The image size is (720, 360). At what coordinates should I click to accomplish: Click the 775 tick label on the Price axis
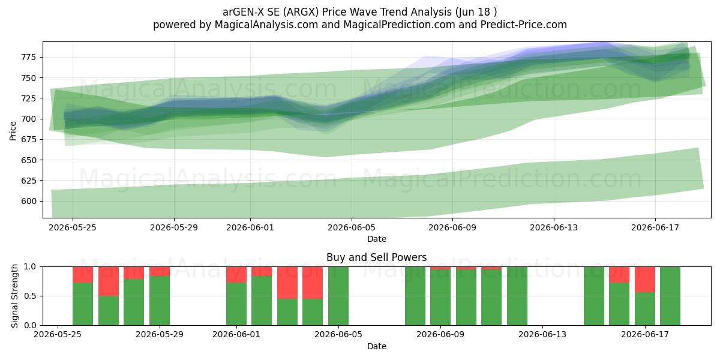pyautogui.click(x=29, y=57)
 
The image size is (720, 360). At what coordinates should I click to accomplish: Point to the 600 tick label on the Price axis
pyautogui.click(x=29, y=201)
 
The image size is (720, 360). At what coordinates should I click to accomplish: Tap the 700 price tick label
pyautogui.click(x=29, y=119)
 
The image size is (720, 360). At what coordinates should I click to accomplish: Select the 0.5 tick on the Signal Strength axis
pyautogui.click(x=31, y=296)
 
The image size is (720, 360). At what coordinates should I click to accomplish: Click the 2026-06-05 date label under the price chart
pyautogui.click(x=352, y=227)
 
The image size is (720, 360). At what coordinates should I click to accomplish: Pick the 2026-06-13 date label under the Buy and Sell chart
pyautogui.click(x=542, y=335)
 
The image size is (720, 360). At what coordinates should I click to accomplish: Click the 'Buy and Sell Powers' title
pyautogui.click(x=377, y=257)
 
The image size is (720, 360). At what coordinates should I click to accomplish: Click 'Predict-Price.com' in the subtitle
pyautogui.click(x=524, y=25)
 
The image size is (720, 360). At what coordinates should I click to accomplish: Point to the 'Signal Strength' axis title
pyautogui.click(x=14, y=296)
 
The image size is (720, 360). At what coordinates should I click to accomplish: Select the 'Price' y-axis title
pyautogui.click(x=13, y=131)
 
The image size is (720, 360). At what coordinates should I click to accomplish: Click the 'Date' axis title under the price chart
pyautogui.click(x=377, y=239)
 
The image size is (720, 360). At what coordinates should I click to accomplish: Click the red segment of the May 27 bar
pyautogui.click(x=109, y=281)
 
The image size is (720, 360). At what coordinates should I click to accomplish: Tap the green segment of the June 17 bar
pyautogui.click(x=645, y=309)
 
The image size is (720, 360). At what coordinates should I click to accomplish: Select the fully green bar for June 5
pyautogui.click(x=338, y=296)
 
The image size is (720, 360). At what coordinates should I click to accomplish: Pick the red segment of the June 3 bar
pyautogui.click(x=287, y=283)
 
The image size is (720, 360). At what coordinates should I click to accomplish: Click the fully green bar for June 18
pyautogui.click(x=670, y=296)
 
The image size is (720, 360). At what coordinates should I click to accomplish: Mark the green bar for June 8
pyautogui.click(x=415, y=296)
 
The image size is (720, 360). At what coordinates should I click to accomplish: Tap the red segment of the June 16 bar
pyautogui.click(x=619, y=275)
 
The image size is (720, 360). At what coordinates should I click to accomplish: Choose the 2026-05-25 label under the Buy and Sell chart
pyautogui.click(x=58, y=335)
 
